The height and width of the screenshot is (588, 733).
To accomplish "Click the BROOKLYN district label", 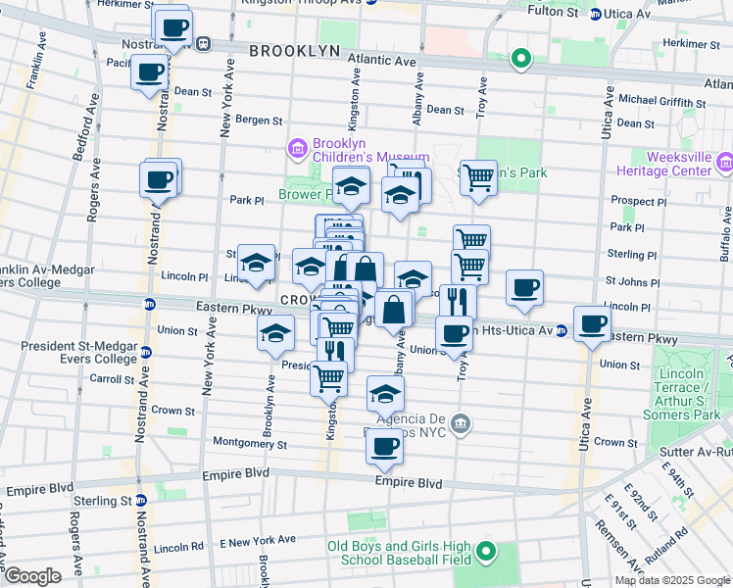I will tap(294, 51).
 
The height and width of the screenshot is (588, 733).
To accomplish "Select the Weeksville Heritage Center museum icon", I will tap(725, 161).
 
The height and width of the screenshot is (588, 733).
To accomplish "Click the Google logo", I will tap(32, 576).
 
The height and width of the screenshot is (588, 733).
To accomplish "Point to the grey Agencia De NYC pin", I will tap(462, 424).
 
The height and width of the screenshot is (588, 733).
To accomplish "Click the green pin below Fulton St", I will tap(521, 59).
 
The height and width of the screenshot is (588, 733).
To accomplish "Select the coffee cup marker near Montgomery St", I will tap(384, 447).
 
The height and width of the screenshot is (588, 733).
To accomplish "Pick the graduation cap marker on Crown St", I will tap(386, 394).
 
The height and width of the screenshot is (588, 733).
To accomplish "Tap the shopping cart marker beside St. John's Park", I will tap(478, 178).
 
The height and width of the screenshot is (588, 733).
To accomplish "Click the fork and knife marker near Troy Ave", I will tap(457, 300).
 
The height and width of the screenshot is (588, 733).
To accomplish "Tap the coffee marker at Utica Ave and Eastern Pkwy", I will tap(591, 323).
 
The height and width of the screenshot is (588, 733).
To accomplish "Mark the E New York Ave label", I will tap(257, 540).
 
